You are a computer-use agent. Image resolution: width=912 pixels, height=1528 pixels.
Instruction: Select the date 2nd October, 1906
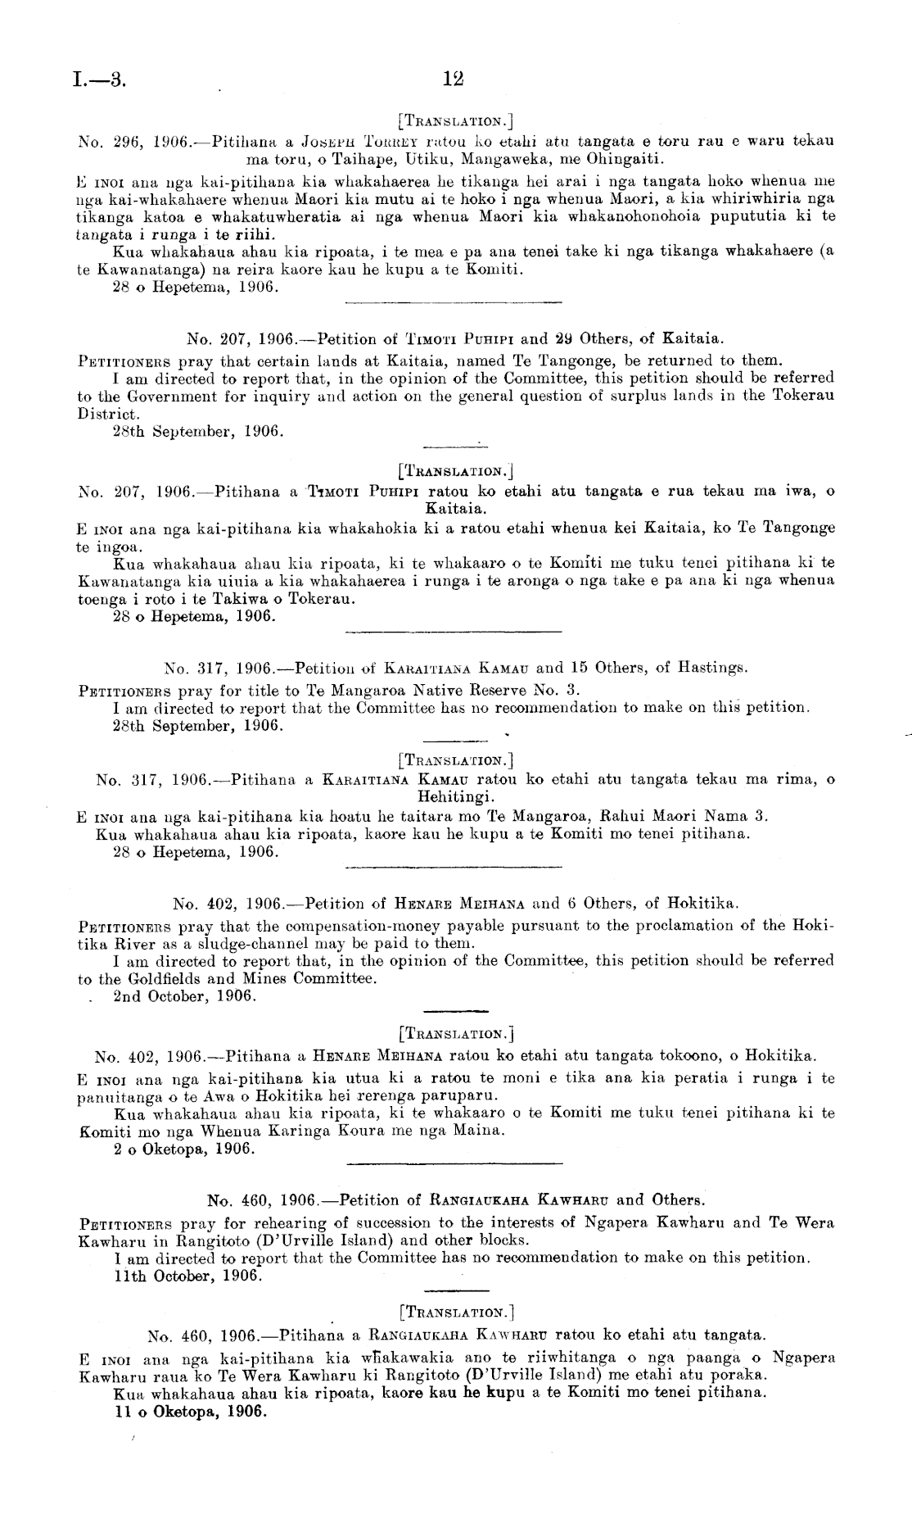pos(186,996)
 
